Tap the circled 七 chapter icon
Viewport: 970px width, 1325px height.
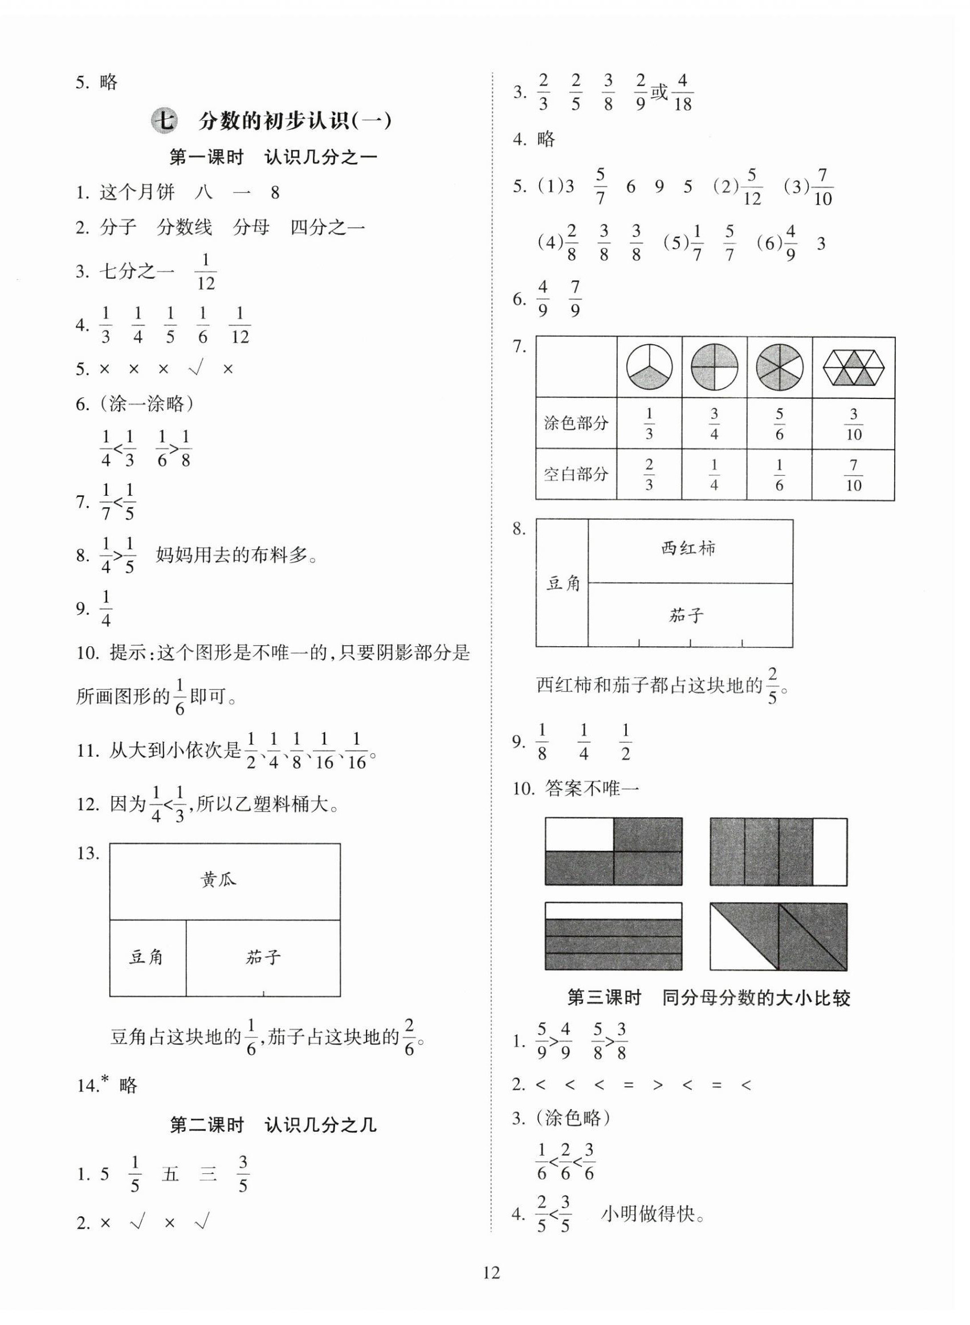164,121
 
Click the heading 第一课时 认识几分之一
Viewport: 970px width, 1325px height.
273,157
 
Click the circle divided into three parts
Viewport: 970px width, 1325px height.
649,368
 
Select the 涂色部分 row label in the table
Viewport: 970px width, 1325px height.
576,423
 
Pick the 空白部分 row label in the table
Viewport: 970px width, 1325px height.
576,474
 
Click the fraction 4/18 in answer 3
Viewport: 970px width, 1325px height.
682,92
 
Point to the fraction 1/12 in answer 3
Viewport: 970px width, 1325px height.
206,272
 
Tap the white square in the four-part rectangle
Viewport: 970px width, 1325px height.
580,834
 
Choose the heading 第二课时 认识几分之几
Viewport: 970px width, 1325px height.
273,1126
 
